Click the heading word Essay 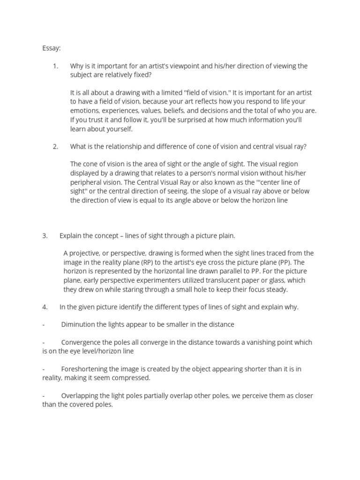tap(51, 48)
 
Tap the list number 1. tap(55, 66)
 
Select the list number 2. tap(55, 146)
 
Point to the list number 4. tap(45, 307)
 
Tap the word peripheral tap(86, 182)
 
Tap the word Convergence tap(80, 343)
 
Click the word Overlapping tap(79, 396)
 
